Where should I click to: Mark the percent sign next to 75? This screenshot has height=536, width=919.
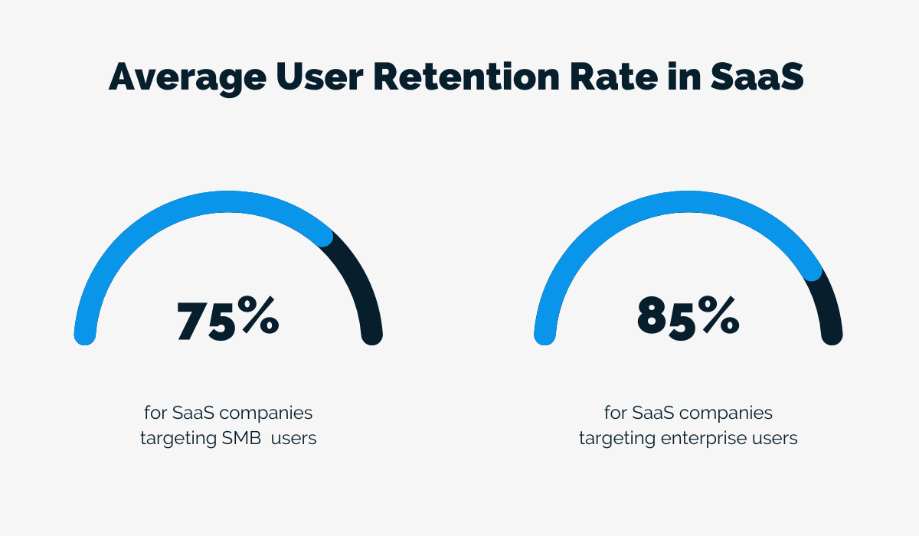pyautogui.click(x=260, y=318)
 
